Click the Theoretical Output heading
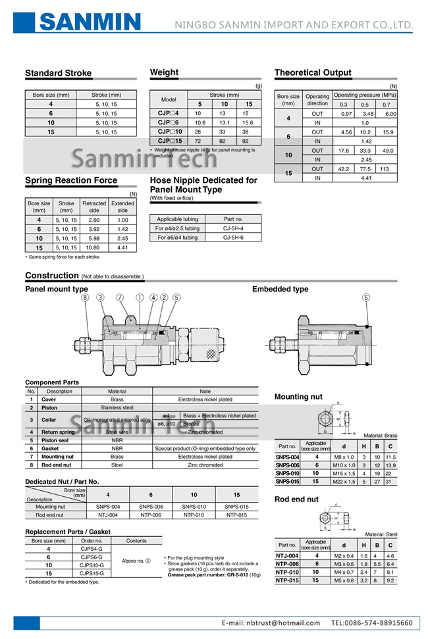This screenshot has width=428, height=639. click(x=313, y=73)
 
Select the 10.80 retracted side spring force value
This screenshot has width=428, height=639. click(x=94, y=247)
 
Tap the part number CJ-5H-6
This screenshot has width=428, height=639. click(x=233, y=238)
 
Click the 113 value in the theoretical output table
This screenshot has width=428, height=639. click(x=384, y=168)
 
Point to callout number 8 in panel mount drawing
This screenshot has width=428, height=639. click(x=85, y=297)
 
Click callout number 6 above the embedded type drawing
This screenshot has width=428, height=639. click(x=366, y=297)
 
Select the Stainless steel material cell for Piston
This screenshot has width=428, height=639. click(x=117, y=407)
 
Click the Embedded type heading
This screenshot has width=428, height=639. click(x=280, y=289)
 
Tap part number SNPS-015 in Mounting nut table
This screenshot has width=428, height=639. click(x=287, y=482)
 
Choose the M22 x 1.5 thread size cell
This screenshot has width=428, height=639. click(x=344, y=482)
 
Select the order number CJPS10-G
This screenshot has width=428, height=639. click(x=91, y=565)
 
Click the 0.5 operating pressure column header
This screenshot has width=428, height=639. click(x=364, y=105)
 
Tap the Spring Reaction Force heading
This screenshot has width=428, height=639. click(x=71, y=180)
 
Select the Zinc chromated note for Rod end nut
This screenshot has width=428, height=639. click(x=205, y=465)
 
